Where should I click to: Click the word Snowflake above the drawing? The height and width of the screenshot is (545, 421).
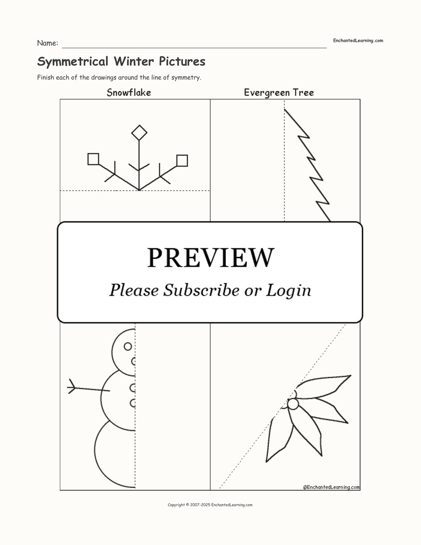(129, 93)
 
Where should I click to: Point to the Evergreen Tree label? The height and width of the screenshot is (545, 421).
(279, 93)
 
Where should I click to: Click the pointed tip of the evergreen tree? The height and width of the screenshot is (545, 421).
(285, 109)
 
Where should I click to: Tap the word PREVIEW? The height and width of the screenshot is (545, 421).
(210, 258)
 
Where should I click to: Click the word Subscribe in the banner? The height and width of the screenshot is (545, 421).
(201, 290)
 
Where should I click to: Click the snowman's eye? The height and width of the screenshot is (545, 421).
(128, 346)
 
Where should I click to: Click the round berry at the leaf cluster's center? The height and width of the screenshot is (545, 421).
(293, 404)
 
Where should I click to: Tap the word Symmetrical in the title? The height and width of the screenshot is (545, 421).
(73, 62)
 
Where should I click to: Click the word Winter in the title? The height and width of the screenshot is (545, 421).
(134, 61)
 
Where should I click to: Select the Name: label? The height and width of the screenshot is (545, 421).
(47, 43)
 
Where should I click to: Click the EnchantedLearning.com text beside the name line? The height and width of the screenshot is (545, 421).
(358, 41)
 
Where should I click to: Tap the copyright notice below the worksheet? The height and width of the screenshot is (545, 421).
(210, 505)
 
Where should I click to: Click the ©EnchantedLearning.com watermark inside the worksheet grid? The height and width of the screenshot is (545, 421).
(331, 487)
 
